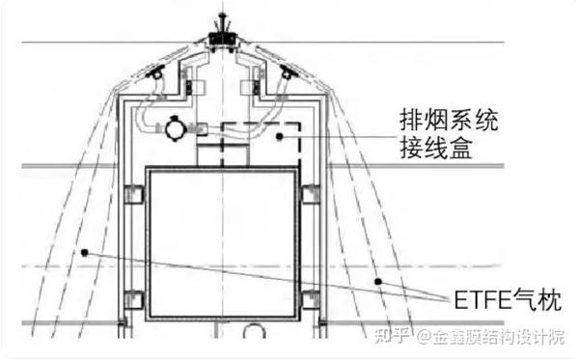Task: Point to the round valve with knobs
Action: pos(175,126)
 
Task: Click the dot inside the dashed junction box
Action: pos(281,138)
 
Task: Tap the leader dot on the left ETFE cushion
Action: pos(85,253)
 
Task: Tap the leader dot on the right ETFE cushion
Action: pos(379,281)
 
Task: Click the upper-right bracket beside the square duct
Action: pos(311,195)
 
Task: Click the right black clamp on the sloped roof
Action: pos(287,72)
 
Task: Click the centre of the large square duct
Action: pos(222,244)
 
